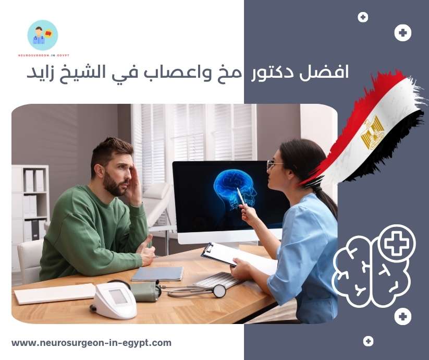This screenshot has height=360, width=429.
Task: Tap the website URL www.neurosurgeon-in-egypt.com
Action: click(x=91, y=343)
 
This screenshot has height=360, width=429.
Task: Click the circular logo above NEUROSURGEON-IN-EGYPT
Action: click(x=43, y=35)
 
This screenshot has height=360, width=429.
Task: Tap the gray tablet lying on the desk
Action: click(x=157, y=273)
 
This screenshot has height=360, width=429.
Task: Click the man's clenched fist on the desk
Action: click(x=148, y=255)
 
